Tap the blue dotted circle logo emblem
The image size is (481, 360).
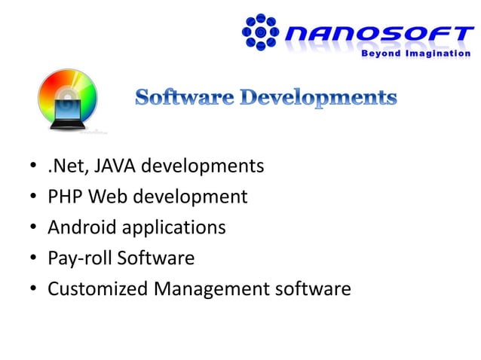pyautogui.click(x=261, y=33)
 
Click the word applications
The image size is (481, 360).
pyautogui.click(x=173, y=227)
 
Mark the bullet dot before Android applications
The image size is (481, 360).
pyautogui.click(x=33, y=228)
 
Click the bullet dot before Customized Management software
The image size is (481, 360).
pyautogui.click(x=33, y=290)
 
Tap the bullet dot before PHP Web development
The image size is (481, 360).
pyautogui.click(x=33, y=197)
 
